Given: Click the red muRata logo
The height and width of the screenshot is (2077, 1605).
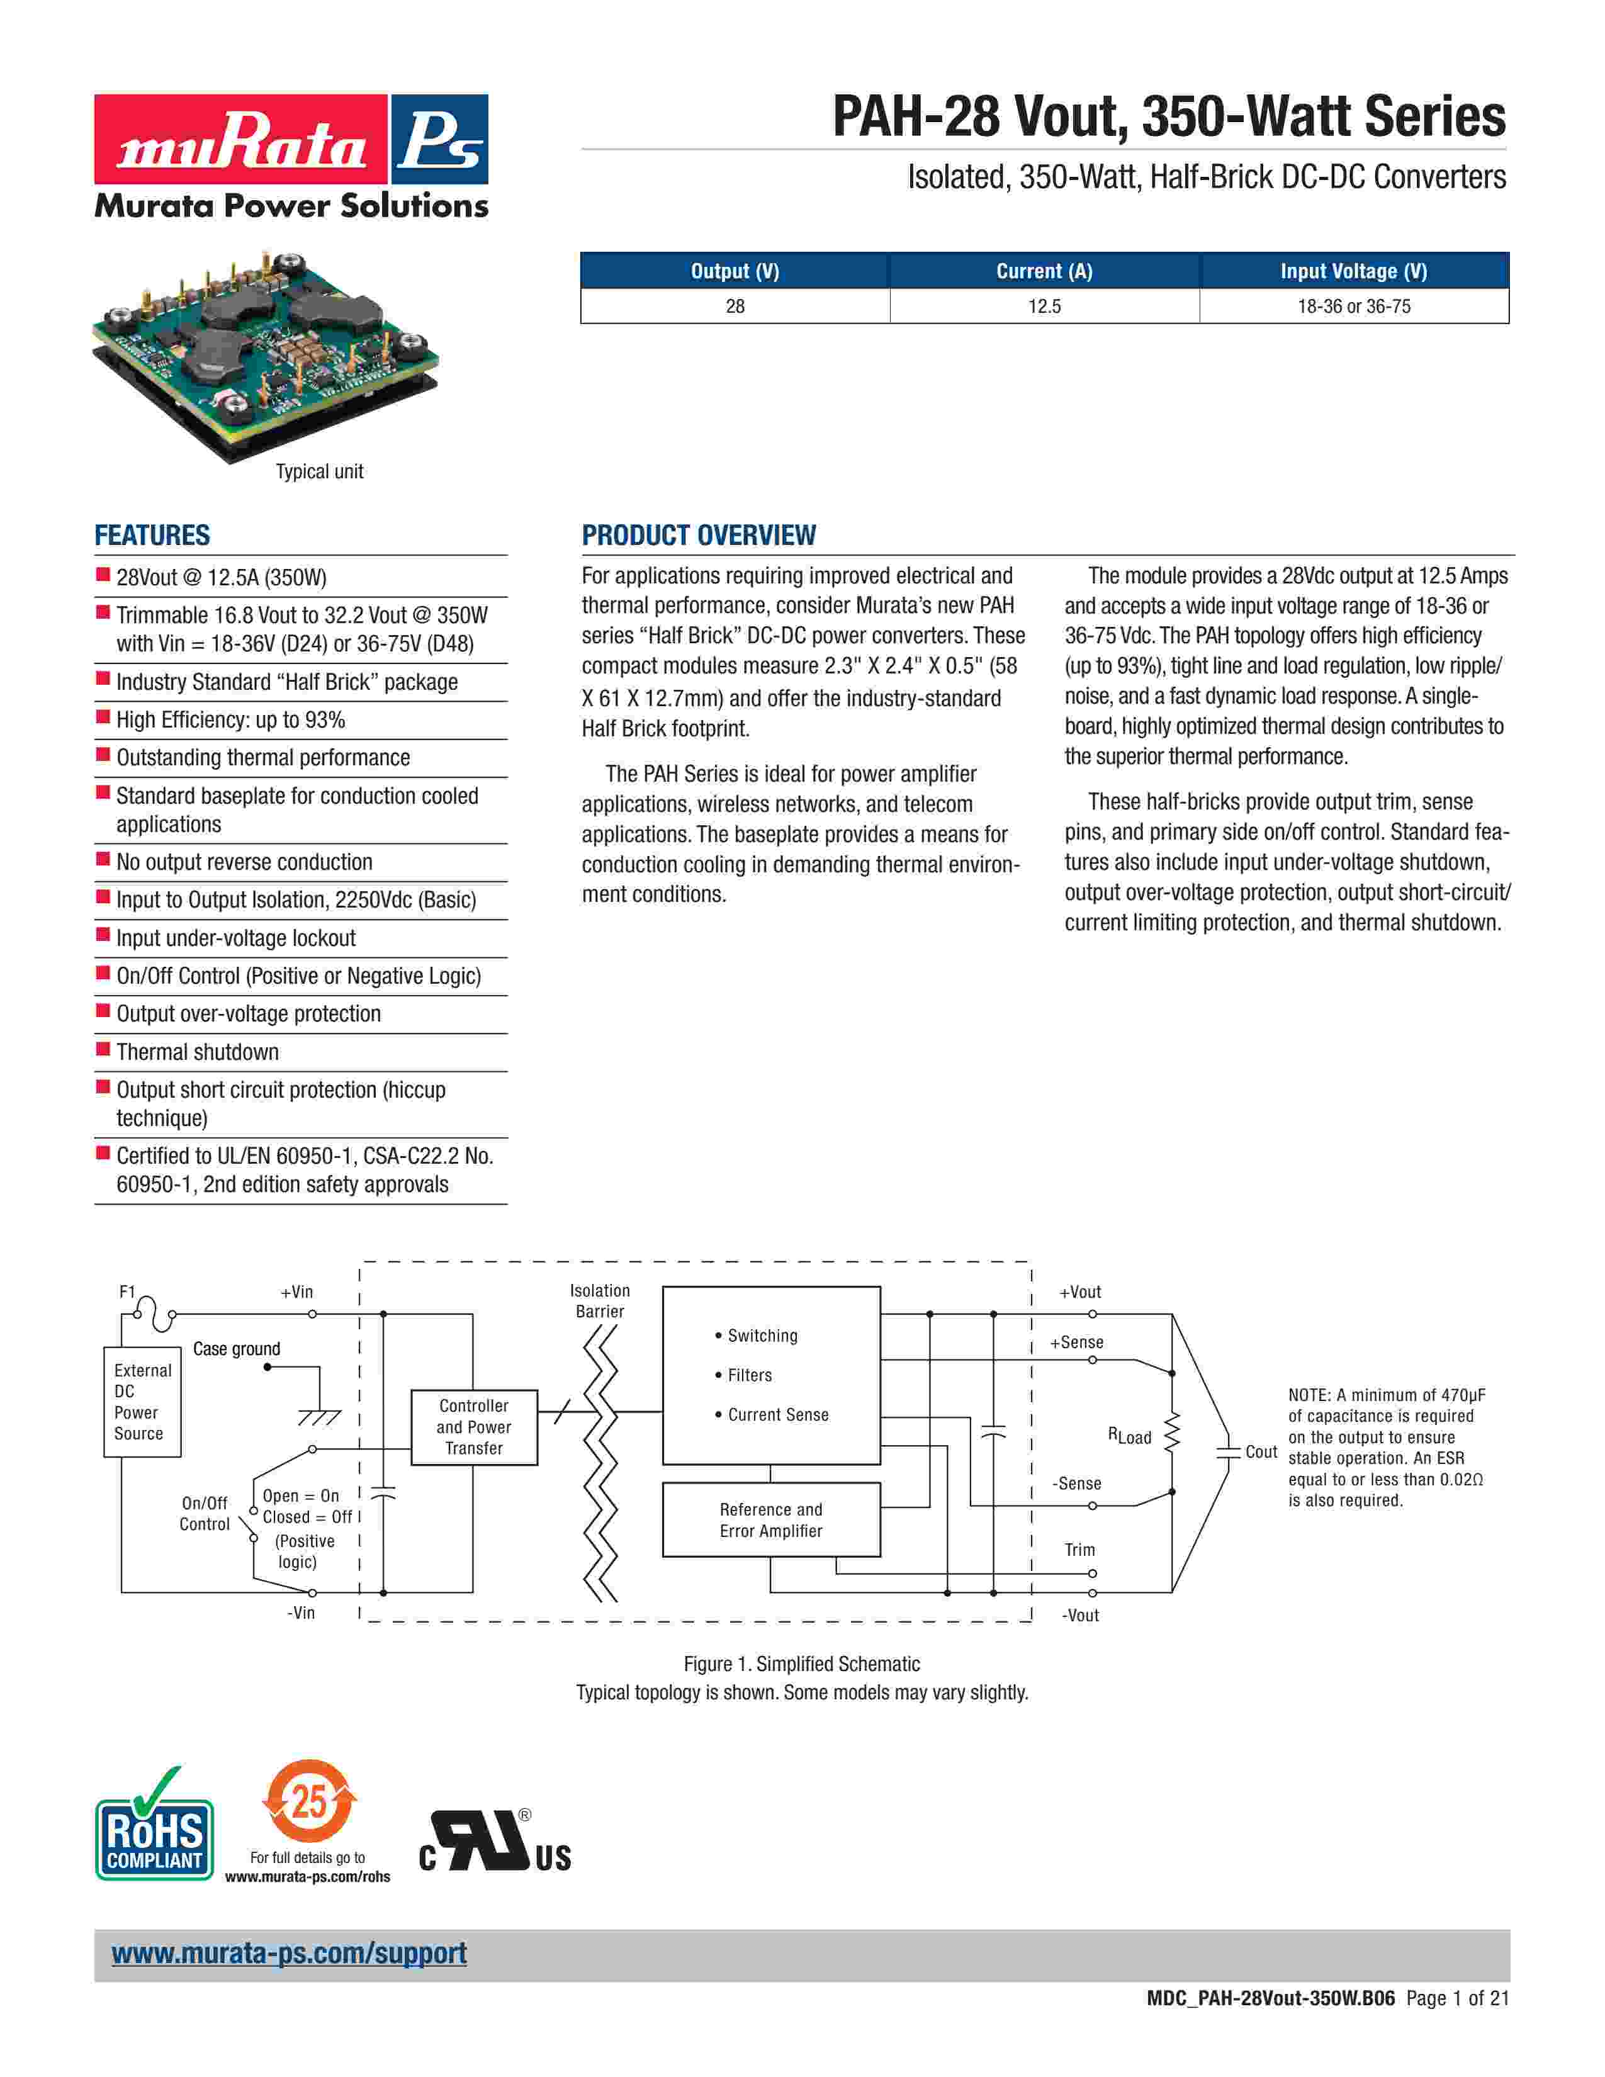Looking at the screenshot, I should (x=240, y=139).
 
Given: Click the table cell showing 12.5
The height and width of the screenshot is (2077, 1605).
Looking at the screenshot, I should (x=1044, y=307).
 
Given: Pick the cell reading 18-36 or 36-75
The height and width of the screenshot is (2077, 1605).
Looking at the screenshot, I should (x=1353, y=307).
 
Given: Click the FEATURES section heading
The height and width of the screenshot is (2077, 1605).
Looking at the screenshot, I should (x=152, y=536).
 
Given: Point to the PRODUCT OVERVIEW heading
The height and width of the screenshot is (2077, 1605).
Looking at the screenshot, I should (x=698, y=536).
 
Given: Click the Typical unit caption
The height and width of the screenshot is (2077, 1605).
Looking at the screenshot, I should (x=320, y=471).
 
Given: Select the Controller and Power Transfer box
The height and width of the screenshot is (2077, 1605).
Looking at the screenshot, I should (x=473, y=1426).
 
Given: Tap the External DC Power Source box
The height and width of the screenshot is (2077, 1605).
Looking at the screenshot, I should (x=142, y=1402).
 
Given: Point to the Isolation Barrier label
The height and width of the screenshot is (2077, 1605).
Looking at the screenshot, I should (x=599, y=1300).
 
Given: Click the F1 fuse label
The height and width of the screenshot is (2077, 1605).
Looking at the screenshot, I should (x=127, y=1292).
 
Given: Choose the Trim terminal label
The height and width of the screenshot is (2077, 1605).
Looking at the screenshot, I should (x=1079, y=1549).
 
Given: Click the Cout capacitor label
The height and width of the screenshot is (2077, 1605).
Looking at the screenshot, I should (x=1261, y=1451).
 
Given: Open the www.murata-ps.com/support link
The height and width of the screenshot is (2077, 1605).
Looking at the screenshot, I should (x=289, y=1954).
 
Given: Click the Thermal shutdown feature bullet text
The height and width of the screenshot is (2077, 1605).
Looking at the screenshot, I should (x=198, y=1052).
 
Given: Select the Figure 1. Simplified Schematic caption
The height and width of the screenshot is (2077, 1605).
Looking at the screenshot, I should (x=801, y=1664).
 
